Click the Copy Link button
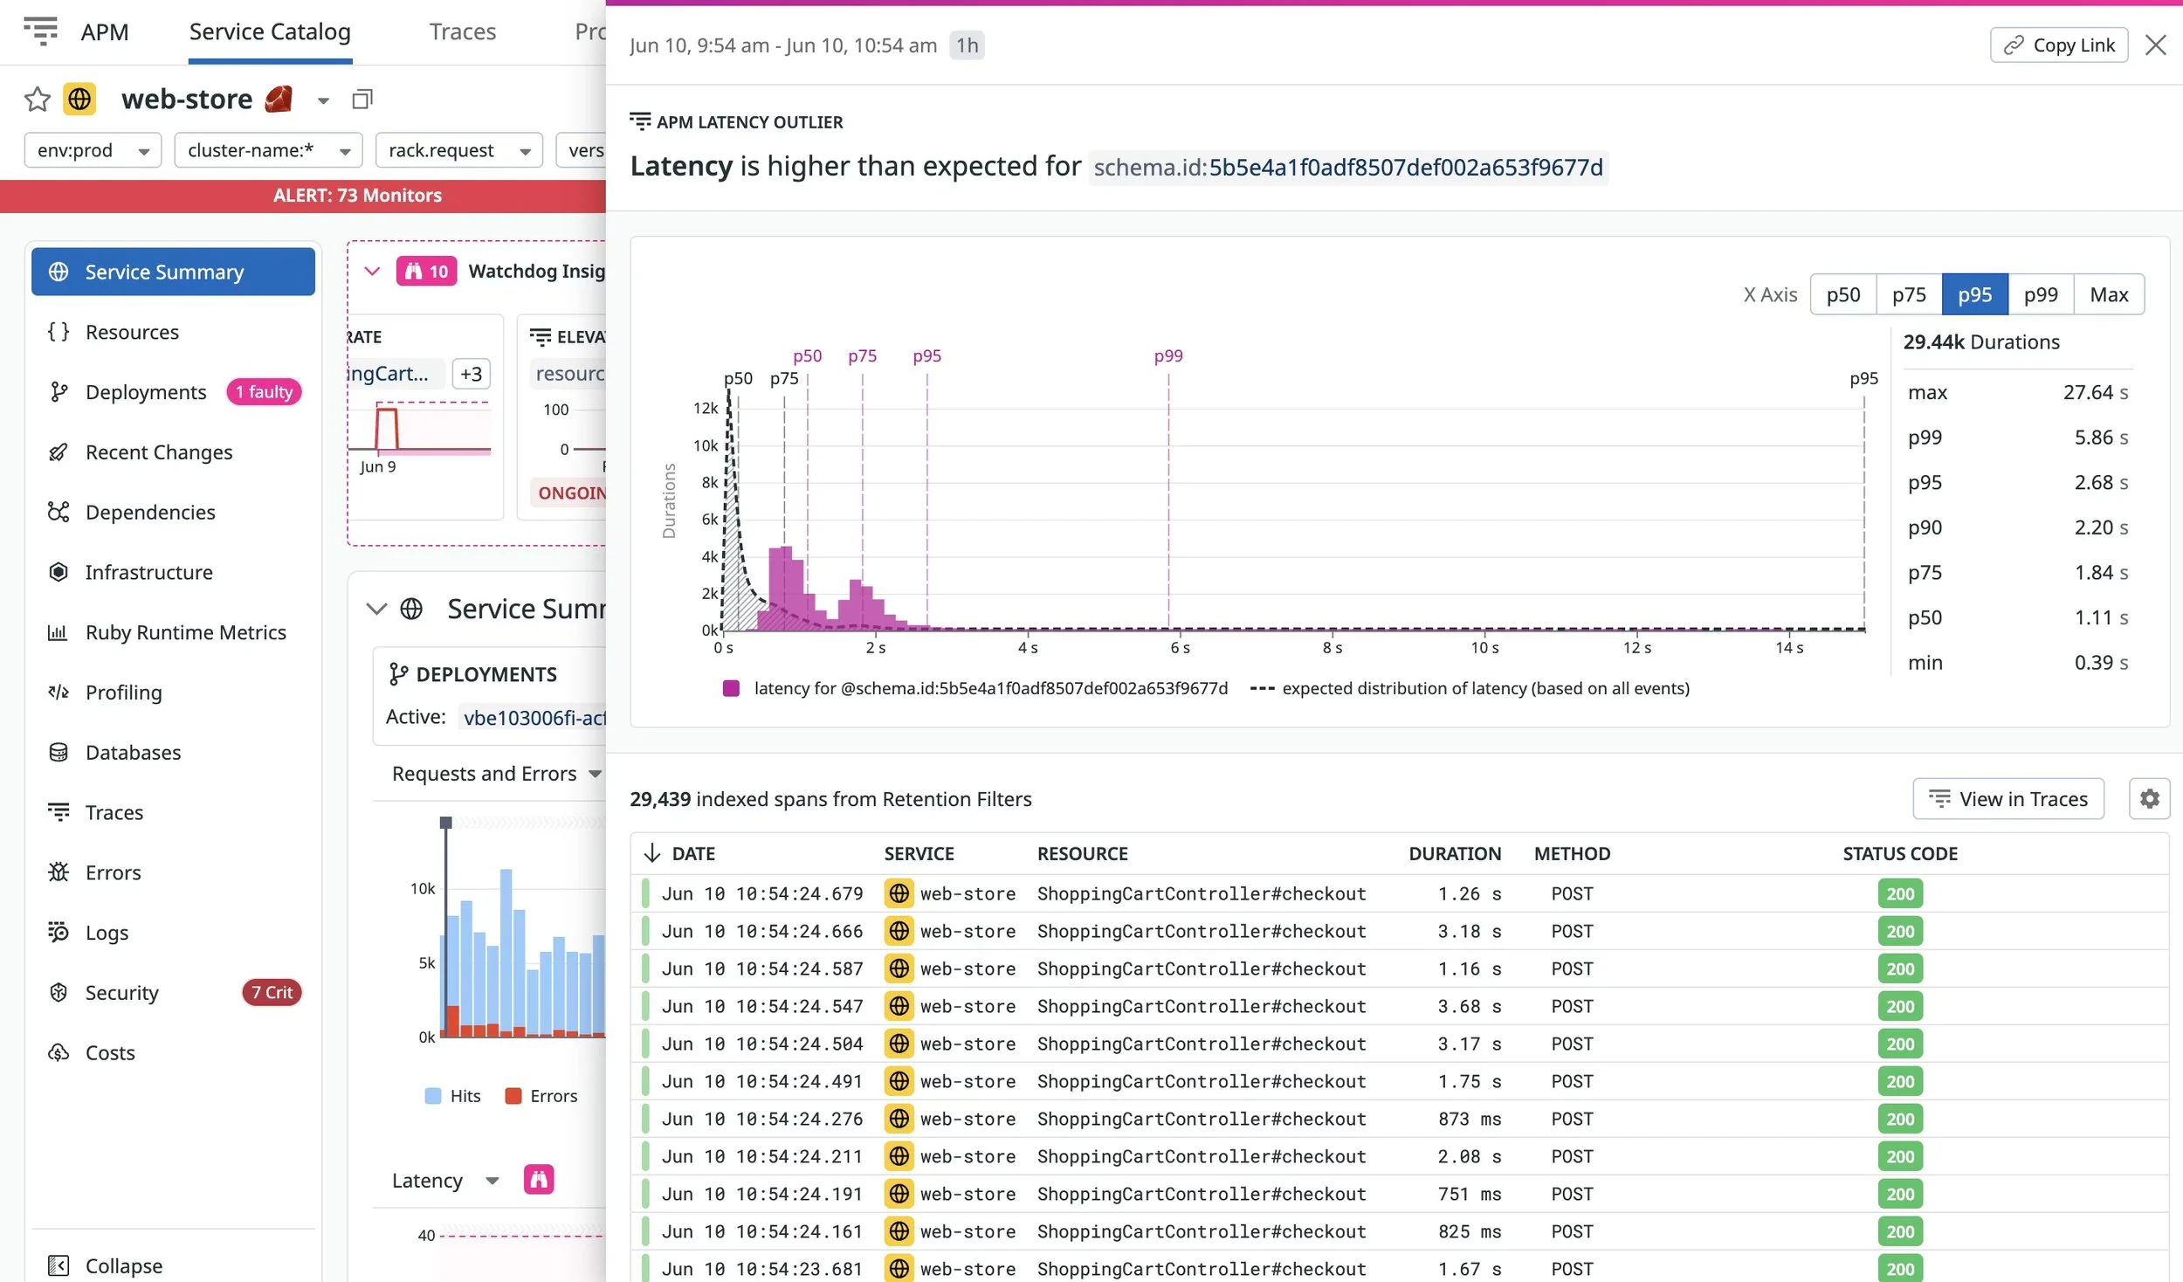click(2058, 45)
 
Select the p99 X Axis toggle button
click(2040, 295)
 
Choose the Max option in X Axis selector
click(2108, 295)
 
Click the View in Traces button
click(2007, 799)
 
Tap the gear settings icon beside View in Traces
click(2149, 799)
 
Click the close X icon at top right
click(2155, 45)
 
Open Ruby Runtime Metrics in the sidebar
click(185, 632)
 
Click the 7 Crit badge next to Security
click(272, 993)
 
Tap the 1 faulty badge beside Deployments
click(264, 392)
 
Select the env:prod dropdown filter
click(93, 150)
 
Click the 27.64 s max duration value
click(2095, 393)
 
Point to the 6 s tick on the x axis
click(1180, 648)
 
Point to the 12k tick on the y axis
click(705, 408)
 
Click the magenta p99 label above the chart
click(1167, 356)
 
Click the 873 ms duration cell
click(1469, 1120)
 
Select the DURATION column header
click(1454, 854)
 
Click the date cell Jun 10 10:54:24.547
click(761, 1007)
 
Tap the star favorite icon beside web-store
click(37, 100)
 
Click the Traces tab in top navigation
click(462, 32)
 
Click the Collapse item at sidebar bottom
click(123, 1265)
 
